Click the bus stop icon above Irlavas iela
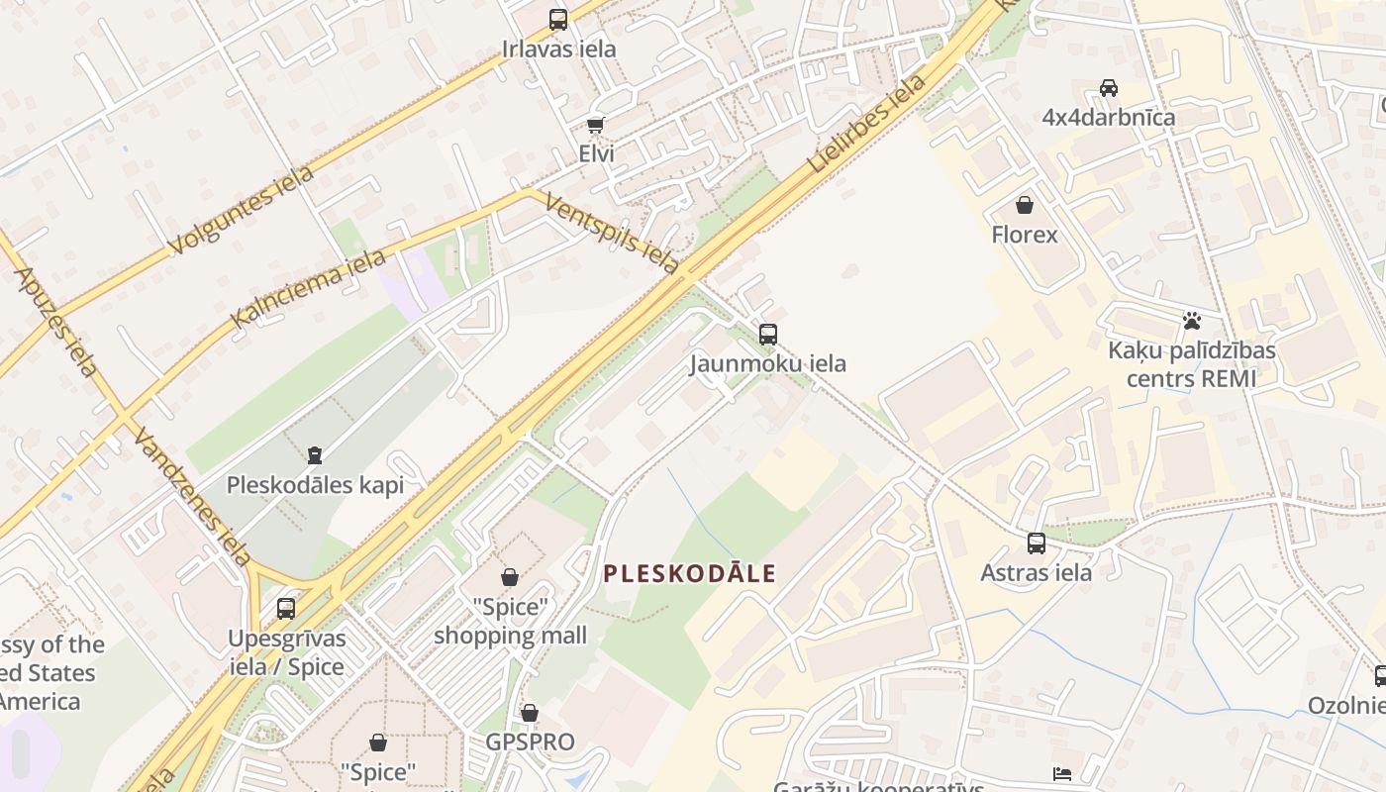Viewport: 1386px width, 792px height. pos(558,19)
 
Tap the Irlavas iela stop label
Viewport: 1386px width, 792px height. pos(558,49)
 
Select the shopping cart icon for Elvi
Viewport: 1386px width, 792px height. pos(595,125)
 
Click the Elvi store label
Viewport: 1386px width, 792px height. pos(596,153)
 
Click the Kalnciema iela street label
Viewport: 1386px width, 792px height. pos(308,289)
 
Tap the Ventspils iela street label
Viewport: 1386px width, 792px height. pos(612,234)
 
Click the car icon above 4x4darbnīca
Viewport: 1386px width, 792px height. pos(1109,88)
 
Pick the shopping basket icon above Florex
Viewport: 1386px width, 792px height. pos(1025,205)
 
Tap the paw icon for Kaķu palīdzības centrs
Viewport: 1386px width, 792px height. pos(1192,321)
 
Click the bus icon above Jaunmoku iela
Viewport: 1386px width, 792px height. pos(768,335)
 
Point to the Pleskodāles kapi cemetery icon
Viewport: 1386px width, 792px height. pos(315,455)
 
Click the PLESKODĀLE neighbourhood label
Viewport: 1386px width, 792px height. pos(690,573)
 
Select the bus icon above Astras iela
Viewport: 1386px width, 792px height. pos(1037,544)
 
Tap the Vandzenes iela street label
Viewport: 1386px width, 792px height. pos(192,496)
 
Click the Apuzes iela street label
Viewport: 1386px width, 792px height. pos(56,322)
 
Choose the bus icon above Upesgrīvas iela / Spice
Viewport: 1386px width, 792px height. pos(286,608)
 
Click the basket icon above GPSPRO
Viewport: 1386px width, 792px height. pos(530,713)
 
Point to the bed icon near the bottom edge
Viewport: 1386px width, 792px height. pos(1062,773)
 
